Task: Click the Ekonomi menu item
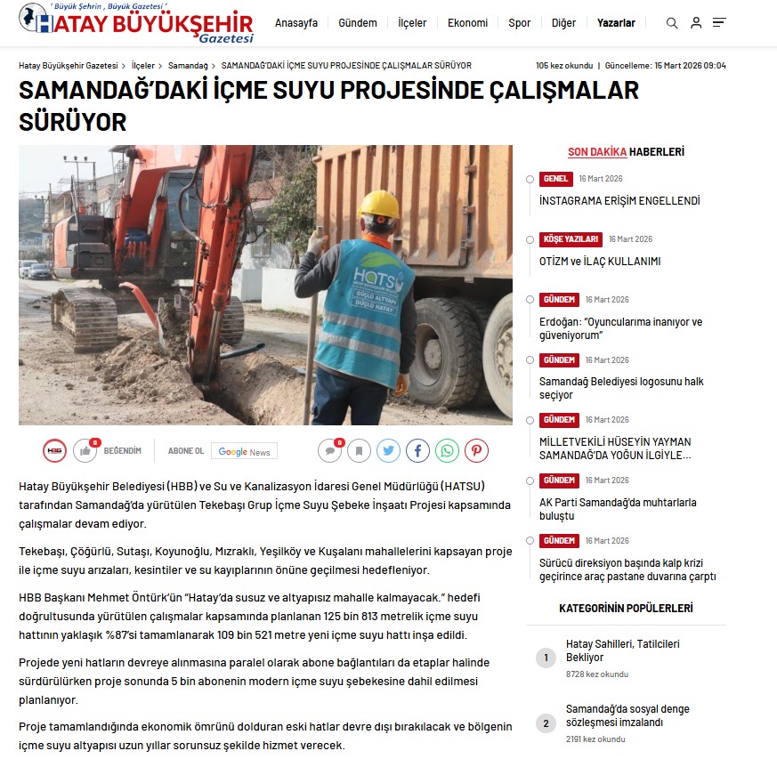click(467, 23)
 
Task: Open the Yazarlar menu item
click(616, 23)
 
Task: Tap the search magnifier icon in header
click(672, 23)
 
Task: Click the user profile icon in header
click(696, 23)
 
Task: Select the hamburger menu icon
click(719, 23)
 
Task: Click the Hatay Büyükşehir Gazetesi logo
click(137, 23)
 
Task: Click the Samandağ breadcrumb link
click(188, 66)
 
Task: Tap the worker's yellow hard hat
click(379, 204)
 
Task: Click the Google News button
click(244, 451)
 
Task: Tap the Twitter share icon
click(388, 451)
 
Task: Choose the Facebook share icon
click(417, 451)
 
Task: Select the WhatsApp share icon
click(447, 451)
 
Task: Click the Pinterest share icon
click(476, 451)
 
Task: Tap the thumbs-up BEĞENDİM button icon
click(85, 451)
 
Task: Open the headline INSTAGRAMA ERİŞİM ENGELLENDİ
click(619, 201)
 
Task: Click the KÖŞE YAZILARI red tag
click(570, 239)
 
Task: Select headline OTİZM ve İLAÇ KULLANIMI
click(599, 262)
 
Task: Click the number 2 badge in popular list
click(546, 723)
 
